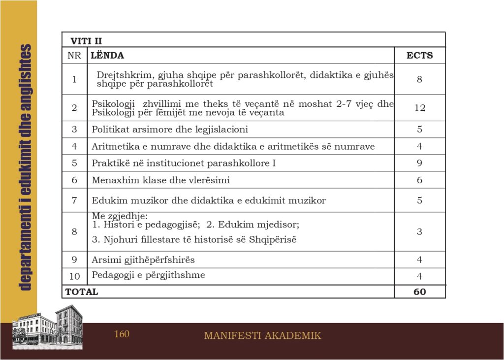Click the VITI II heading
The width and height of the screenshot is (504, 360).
(x=86, y=41)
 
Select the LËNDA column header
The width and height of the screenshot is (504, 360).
(x=107, y=56)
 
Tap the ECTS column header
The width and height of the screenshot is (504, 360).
(x=419, y=56)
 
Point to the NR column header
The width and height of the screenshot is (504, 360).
(x=74, y=56)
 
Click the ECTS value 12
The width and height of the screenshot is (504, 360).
(x=419, y=108)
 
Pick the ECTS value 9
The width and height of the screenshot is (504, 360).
(x=419, y=163)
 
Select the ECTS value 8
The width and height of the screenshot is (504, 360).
(x=419, y=79)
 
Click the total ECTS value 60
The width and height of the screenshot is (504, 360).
(x=419, y=292)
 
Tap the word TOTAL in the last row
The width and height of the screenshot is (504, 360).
(x=82, y=292)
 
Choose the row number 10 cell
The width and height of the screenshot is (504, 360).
(x=74, y=276)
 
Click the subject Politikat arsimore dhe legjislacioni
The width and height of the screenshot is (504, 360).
(x=170, y=130)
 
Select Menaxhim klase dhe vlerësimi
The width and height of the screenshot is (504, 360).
(x=160, y=180)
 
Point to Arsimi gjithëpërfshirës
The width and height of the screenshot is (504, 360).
(x=143, y=260)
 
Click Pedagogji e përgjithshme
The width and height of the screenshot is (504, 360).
(x=148, y=275)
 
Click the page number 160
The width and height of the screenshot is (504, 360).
(x=122, y=334)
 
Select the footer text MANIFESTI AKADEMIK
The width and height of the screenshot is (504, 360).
(x=262, y=336)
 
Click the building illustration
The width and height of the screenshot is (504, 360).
(x=47, y=328)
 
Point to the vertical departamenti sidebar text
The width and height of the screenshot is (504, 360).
(x=26, y=167)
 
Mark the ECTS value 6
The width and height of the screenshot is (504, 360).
(x=419, y=180)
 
